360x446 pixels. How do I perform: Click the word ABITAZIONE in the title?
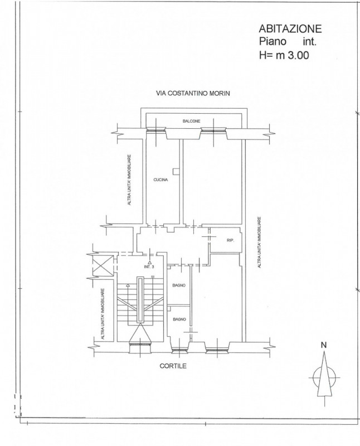tap(290, 28)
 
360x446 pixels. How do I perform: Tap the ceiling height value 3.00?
tap(299, 55)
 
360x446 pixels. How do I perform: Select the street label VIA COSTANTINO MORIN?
tap(193, 93)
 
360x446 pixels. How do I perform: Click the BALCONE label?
tap(191, 121)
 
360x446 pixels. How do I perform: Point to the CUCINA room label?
tap(160, 180)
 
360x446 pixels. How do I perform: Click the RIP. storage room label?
tap(230, 240)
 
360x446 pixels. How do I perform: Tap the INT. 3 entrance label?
tap(149, 267)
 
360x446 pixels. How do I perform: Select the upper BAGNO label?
tap(179, 285)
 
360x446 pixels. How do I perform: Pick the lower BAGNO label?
tap(179, 319)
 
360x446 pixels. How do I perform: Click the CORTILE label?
tap(173, 366)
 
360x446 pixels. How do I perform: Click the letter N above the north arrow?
tap(324, 345)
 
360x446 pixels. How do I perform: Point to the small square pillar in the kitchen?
tap(176, 171)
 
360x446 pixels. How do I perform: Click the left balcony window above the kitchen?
tap(156, 130)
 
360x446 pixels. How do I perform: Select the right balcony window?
tap(214, 130)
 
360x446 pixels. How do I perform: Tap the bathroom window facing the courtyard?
tap(179, 351)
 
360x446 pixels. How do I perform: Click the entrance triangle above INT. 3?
tap(149, 262)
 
